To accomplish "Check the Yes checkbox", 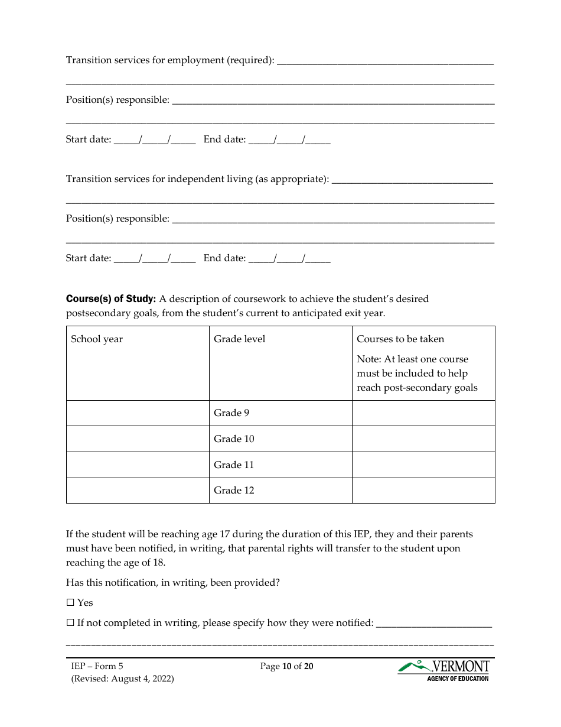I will pyautogui.click(x=70, y=603).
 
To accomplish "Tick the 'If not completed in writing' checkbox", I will pyautogui.click(x=70, y=623).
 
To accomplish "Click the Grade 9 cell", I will pyautogui.click(x=231, y=413).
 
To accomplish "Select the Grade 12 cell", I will pyautogui.click(x=234, y=491).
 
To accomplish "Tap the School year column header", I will pyautogui.click(x=97, y=339).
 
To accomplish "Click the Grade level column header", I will pyautogui.click(x=239, y=339).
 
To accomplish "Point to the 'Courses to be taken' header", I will pyautogui.click(x=400, y=339).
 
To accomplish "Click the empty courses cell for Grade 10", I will pyautogui.click(x=423, y=439).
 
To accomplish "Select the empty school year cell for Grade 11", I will pyautogui.click(x=138, y=465).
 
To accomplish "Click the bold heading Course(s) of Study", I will pyautogui.click(x=111, y=299).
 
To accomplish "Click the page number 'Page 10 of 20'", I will pyautogui.click(x=286, y=667).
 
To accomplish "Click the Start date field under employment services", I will pyautogui.click(x=154, y=140).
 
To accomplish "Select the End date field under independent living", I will pyautogui.click(x=289, y=259).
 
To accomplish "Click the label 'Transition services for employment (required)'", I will pyautogui.click(x=170, y=60).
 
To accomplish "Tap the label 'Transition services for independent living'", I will pyautogui.click(x=197, y=179).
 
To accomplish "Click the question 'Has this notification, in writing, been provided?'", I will pyautogui.click(x=172, y=583).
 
